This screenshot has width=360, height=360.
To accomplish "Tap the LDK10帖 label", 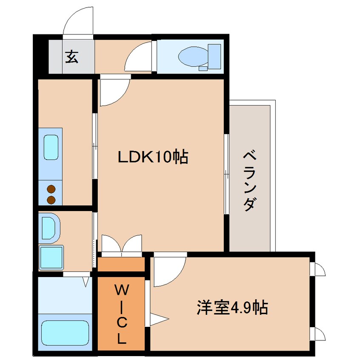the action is pyautogui.click(x=153, y=157).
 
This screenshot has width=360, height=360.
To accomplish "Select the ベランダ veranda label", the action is pyautogui.click(x=249, y=181).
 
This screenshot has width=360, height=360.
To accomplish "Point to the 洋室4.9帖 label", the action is pyautogui.click(x=232, y=307).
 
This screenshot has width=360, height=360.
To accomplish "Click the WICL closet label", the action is pyautogui.click(x=122, y=314).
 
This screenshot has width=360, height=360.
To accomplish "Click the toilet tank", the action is pyautogui.click(x=214, y=57).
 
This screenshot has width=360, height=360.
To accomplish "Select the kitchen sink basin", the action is pyautogui.click(x=51, y=147).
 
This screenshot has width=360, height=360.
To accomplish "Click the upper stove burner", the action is pyautogui.click(x=51, y=189).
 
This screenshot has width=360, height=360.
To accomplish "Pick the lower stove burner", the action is pyautogui.click(x=51, y=200).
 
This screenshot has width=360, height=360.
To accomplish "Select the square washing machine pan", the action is pyautogui.click(x=51, y=257).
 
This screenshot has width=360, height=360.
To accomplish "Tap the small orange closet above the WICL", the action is pyautogui.click(x=121, y=264).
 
